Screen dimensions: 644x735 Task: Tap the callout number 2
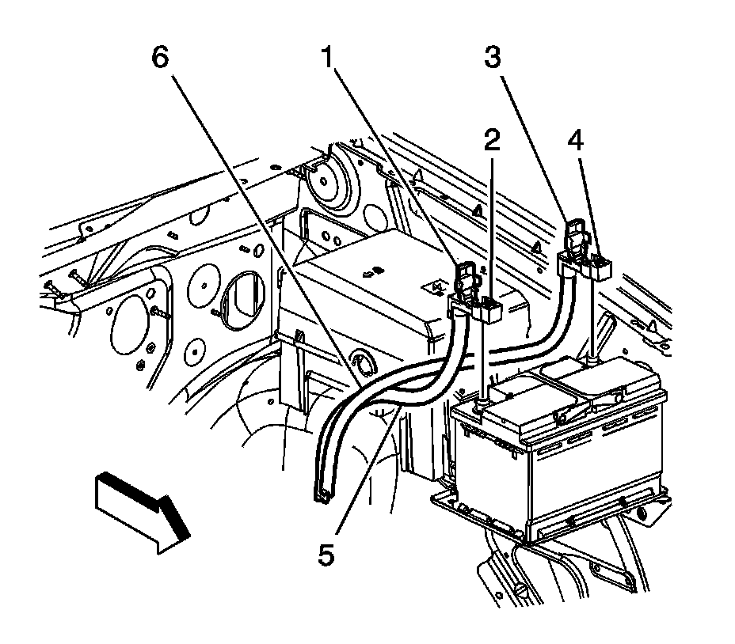492,141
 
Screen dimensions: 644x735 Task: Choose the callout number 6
161,59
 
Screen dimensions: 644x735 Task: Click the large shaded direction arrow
143,510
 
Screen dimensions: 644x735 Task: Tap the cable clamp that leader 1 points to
467,281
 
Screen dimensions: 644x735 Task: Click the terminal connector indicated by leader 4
600,267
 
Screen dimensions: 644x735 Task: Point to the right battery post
592,360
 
